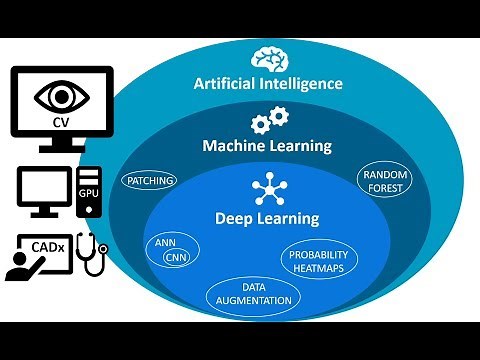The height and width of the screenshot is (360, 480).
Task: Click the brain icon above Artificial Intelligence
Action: (270, 57)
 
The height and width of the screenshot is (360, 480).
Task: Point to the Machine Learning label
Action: (268, 147)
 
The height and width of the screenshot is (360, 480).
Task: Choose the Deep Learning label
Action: (267, 217)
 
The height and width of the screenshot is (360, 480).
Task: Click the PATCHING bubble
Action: (149, 181)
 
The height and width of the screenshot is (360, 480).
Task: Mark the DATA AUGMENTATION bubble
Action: (252, 293)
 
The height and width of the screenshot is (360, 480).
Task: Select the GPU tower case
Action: (89, 193)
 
